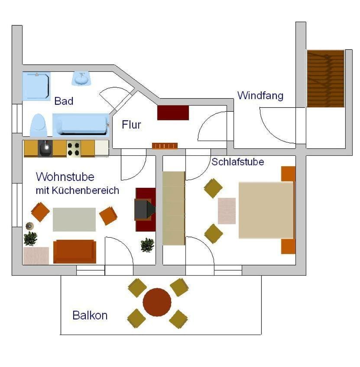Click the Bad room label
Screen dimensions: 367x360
tap(64, 101)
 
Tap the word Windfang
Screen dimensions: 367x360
tap(260, 95)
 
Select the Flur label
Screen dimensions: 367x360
tap(131, 125)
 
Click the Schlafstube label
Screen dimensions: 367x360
tap(237, 162)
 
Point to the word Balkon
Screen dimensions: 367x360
tap(90, 315)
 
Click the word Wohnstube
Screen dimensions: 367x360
tap(65, 177)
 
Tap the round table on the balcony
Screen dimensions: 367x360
tap(157, 302)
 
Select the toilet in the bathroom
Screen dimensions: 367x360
tap(38, 126)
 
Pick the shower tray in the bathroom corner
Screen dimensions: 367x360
tap(36, 86)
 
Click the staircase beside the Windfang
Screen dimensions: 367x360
tap(325, 78)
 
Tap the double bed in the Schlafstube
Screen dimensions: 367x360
tap(266, 210)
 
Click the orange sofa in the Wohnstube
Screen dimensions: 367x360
tap(75, 251)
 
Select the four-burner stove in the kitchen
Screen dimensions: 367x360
tap(73, 148)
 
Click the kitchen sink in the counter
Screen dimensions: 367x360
tap(45, 148)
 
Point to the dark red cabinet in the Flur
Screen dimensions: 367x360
tap(173, 113)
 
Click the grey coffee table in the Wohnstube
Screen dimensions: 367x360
tap(74, 219)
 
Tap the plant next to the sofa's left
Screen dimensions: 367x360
tap(30, 238)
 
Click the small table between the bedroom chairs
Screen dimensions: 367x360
tap(227, 211)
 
